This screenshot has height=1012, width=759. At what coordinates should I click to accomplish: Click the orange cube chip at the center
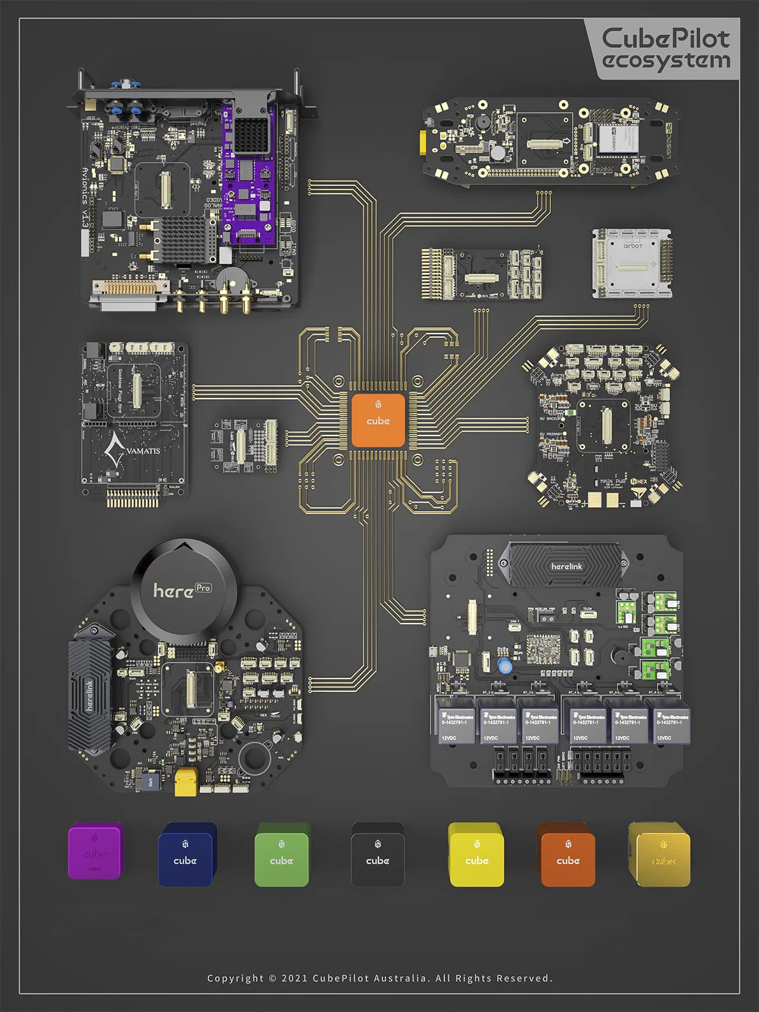378,420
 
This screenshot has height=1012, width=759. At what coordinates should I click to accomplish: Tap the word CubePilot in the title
665,38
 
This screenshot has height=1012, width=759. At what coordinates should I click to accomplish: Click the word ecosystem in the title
666,61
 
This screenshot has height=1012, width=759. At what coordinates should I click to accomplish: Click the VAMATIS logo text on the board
143,451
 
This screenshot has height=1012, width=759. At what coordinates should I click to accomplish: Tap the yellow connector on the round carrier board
186,782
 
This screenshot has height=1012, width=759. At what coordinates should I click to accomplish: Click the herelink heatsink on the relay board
566,566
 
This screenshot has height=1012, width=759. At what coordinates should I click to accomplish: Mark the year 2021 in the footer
295,978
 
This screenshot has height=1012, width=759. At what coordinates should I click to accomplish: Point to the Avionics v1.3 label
85,198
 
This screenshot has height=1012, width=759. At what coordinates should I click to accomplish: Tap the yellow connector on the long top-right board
423,142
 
